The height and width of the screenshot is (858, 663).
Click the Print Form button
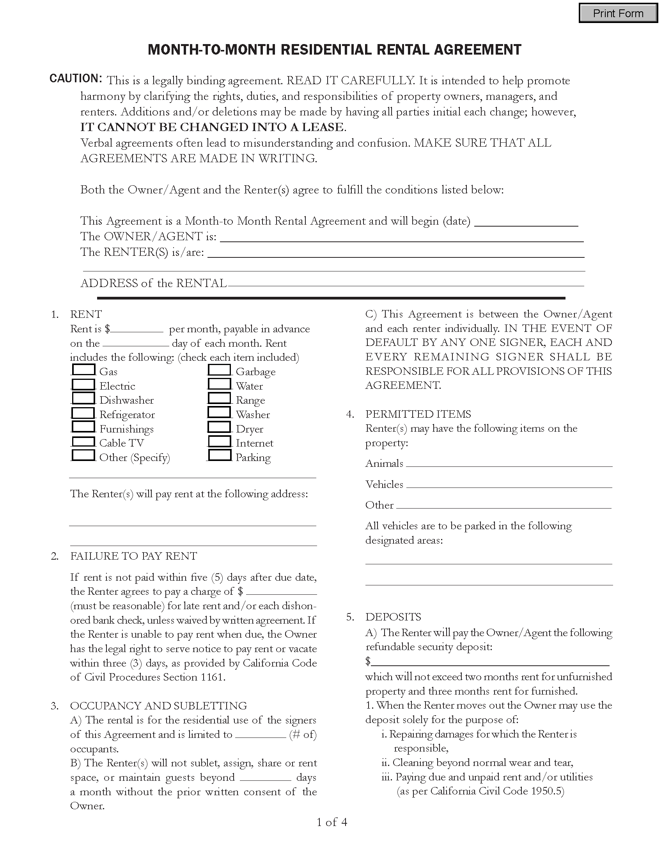pos(618,13)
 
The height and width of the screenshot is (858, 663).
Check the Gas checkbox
pos(84,370)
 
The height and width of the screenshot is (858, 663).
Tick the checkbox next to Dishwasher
pos(84,398)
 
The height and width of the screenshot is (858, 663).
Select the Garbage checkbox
pos(219,370)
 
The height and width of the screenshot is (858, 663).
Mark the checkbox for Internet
pos(219,441)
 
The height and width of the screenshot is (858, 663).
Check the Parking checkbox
pos(219,455)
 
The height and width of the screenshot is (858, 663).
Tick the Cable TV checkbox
pos(84,441)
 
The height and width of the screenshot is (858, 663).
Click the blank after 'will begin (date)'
pos(526,222)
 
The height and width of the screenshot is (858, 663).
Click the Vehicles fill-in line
pos(509,484)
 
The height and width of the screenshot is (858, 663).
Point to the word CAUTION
pos(75,78)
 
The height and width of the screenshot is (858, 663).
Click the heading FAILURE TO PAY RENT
pos(133,556)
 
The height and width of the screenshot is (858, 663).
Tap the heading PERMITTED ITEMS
pos(418,414)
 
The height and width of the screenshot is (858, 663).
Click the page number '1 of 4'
pos(332,822)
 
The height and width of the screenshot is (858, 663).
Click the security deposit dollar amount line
pos(489,661)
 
